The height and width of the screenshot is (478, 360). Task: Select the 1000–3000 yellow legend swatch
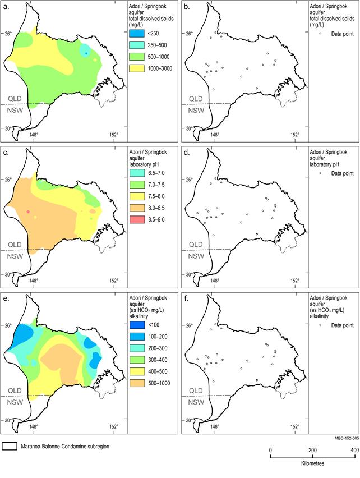click(x=137, y=68)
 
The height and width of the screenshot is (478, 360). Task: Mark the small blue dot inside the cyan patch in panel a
click(x=86, y=53)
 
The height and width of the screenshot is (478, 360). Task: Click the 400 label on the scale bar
click(x=354, y=451)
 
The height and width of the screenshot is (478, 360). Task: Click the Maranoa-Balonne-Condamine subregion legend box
click(x=10, y=447)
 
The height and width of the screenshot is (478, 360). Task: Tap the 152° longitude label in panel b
click(x=294, y=134)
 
